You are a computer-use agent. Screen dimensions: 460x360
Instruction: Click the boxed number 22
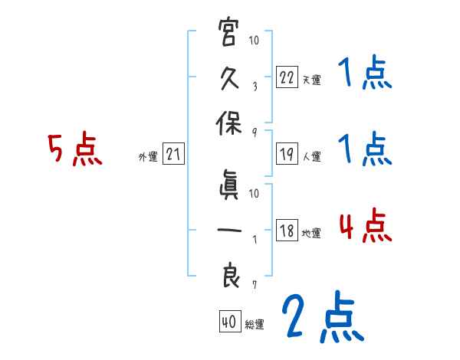(x=286, y=77)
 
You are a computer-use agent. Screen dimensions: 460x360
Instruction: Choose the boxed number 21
(x=173, y=155)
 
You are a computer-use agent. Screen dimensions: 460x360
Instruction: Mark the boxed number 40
(x=229, y=322)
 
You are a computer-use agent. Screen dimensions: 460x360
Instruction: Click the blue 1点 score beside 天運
(x=363, y=75)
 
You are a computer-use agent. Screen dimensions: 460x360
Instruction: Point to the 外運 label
(x=147, y=157)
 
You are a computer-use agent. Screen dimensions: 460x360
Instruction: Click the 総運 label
(x=254, y=325)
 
